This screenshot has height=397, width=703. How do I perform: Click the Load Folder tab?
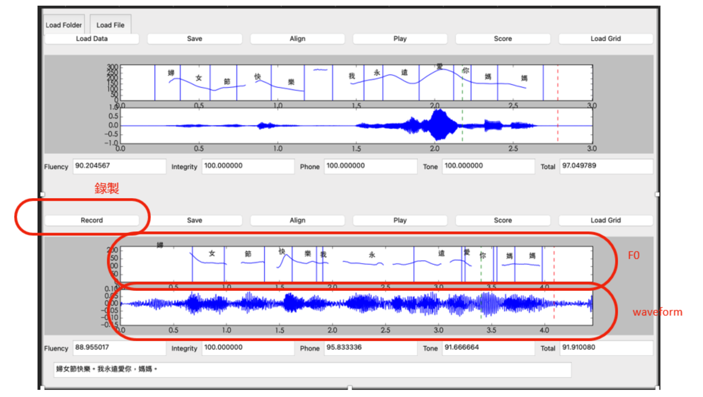64,25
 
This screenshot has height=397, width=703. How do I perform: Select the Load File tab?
110,25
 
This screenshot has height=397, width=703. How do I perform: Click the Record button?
92,220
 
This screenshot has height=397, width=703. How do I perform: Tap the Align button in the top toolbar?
297,39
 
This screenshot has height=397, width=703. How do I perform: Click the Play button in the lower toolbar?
400,220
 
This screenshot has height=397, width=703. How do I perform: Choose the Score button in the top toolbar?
503,39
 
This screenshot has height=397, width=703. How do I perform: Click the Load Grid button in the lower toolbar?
605,220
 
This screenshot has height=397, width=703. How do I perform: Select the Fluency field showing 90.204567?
119,166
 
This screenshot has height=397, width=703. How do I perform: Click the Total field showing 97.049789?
606,166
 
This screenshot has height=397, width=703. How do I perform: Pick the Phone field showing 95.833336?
370,347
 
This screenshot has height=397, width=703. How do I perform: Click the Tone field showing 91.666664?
488,347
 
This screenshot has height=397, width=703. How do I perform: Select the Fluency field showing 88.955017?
119,347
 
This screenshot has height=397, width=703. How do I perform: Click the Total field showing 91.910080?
606,347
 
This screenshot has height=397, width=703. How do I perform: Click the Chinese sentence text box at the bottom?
312,369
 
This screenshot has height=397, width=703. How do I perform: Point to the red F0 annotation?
634,255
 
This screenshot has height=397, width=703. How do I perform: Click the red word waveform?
657,312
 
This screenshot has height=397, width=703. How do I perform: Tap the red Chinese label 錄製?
107,188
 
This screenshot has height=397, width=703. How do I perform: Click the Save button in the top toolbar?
195,39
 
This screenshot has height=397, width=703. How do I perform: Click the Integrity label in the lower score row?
184,349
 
